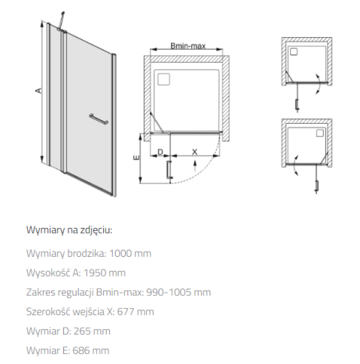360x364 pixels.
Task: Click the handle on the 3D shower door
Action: (99, 119)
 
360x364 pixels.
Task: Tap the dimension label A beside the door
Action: (38, 90)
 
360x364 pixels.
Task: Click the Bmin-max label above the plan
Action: (188, 46)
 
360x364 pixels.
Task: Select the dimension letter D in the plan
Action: (160, 152)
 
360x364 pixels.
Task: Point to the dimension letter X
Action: (194, 152)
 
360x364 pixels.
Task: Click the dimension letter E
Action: (137, 157)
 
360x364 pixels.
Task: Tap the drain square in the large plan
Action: (164, 79)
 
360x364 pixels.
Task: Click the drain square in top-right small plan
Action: (294, 52)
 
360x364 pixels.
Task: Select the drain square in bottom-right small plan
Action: (320, 133)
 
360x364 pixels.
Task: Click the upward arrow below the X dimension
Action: (194, 166)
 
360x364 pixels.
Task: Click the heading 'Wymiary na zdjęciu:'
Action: (69, 230)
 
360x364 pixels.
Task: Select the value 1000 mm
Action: (130, 253)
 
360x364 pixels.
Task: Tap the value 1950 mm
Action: (105, 273)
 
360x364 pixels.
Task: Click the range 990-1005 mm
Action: (178, 292)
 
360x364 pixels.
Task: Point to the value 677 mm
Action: (135, 312)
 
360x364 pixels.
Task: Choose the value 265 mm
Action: (92, 331)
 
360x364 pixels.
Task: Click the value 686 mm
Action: (91, 350)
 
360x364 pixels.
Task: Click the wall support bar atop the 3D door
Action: (61, 20)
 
